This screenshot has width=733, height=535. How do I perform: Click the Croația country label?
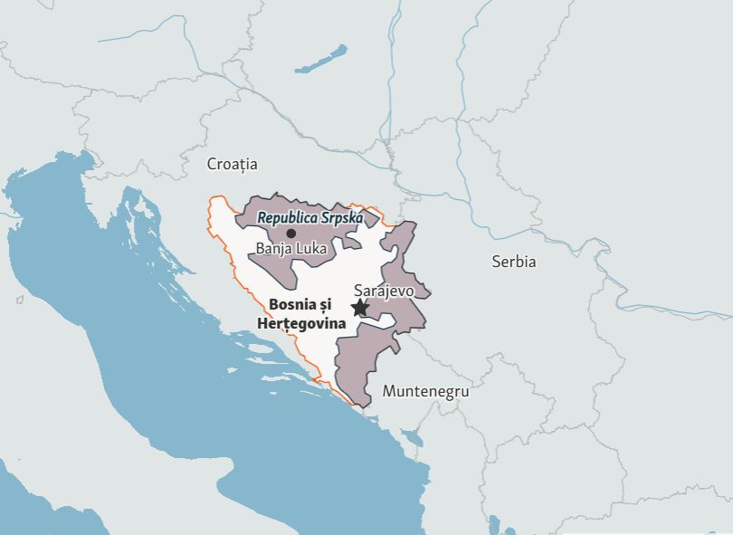(232, 164)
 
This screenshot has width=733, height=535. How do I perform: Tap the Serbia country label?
(513, 262)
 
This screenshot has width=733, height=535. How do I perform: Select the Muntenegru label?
(425, 391)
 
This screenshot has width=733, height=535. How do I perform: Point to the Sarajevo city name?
(384, 291)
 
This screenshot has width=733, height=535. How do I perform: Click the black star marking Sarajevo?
(359, 308)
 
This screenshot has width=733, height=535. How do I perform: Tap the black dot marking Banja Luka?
(290, 233)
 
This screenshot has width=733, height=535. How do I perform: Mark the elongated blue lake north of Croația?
(320, 58)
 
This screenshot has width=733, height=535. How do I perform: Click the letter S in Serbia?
(496, 262)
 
